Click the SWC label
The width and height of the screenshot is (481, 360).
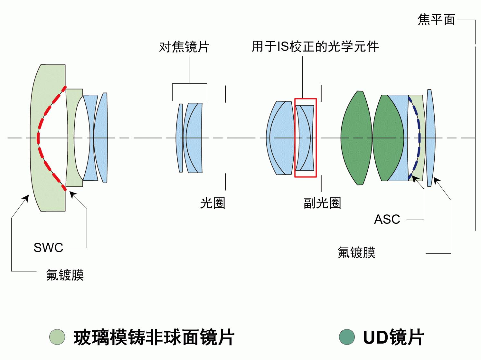click(x=48, y=248)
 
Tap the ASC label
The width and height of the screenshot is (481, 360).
click(x=387, y=219)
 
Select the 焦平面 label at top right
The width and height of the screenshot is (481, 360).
click(x=436, y=20)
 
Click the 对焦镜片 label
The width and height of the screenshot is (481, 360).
click(x=184, y=47)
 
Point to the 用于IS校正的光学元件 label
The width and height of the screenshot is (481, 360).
click(x=315, y=47)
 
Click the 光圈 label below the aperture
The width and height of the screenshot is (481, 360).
click(x=212, y=203)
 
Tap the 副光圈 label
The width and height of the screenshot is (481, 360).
click(x=322, y=203)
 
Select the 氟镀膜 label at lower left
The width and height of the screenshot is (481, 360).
click(x=65, y=275)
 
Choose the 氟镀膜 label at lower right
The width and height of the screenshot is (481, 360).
click(x=356, y=252)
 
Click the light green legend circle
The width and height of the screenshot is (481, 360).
click(x=57, y=337)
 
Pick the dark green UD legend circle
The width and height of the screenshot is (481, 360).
click(x=347, y=337)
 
